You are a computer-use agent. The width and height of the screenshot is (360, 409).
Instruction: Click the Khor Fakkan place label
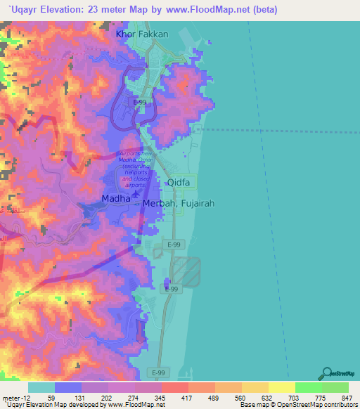(142, 34)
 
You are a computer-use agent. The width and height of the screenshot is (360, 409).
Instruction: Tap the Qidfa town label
(180, 183)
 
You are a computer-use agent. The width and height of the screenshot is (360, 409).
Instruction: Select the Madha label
(116, 199)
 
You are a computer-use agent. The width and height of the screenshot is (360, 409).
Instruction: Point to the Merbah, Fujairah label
(179, 204)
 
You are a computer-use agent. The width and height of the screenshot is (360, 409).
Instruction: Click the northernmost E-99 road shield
(139, 102)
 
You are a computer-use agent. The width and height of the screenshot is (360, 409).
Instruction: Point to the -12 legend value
(14, 397)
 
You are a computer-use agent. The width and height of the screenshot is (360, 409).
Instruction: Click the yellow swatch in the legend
(281, 387)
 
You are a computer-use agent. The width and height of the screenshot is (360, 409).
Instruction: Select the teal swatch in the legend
(41, 387)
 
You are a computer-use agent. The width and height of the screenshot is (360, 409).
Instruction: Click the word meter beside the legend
(10, 397)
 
